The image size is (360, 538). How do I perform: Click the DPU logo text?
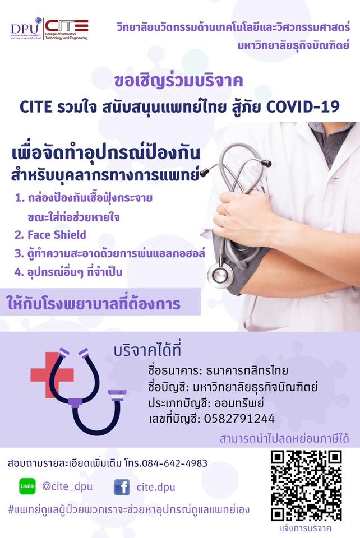coord(24,28)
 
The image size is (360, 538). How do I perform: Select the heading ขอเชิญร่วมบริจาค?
coord(179,81)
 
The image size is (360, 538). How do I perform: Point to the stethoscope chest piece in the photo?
coord(218,275)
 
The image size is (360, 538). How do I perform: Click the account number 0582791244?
coord(239,419)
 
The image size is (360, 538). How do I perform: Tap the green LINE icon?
coord(27,486)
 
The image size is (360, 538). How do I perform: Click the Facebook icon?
coord(122,487)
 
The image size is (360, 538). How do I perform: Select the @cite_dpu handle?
coord(67,486)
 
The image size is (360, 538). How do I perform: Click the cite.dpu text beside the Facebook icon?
coord(156,487)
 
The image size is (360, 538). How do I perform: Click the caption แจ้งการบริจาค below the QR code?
coord(306,528)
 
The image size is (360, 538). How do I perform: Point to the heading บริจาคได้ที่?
coord(147,351)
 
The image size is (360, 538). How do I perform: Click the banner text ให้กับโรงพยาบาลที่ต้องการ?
coord(94,303)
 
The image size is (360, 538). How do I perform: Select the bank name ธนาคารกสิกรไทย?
coord(247,370)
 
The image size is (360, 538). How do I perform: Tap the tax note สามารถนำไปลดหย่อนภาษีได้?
coord(284,438)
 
